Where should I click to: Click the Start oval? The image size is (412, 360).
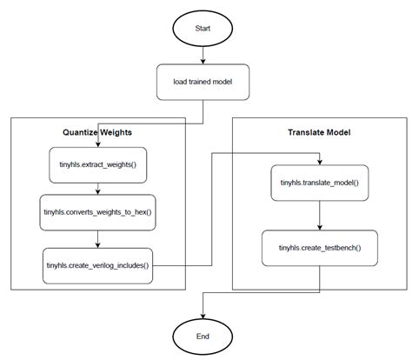tap(203, 28)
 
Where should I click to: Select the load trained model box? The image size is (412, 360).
tap(203, 83)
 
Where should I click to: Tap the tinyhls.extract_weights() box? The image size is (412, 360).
tap(97, 165)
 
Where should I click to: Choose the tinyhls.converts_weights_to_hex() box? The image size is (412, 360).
tap(97, 211)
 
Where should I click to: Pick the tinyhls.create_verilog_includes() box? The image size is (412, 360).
tap(97, 264)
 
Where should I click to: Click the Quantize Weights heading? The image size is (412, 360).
tap(97, 133)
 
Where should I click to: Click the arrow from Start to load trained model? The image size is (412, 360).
tap(203, 55)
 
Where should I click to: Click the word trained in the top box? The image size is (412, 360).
tap(202, 83)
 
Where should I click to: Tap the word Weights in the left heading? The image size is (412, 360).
tap(115, 133)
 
